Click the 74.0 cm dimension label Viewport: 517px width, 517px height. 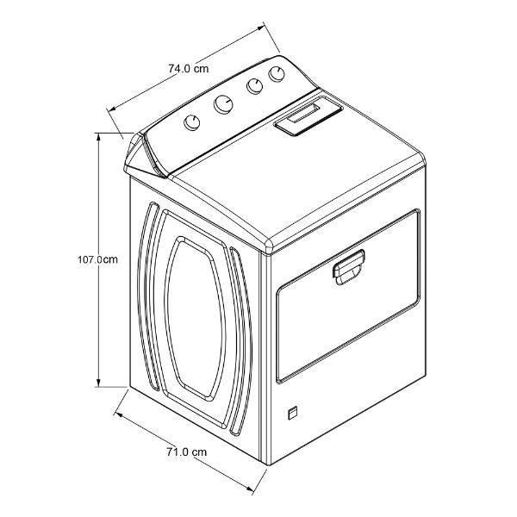coord(188,69)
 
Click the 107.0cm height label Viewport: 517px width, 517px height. coord(97,259)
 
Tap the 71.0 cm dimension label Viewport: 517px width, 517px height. coord(186,452)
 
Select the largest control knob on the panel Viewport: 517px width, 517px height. coord(223,104)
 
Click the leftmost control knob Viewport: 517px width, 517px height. coord(191,122)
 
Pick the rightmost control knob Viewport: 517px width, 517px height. coord(277,74)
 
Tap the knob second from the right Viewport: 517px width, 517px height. coord(254,86)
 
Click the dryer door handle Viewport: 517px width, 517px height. coord(348,267)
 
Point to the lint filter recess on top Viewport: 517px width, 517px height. coord(308,115)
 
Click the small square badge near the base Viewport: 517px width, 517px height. coord(292,414)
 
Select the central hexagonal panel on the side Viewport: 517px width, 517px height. coord(196,318)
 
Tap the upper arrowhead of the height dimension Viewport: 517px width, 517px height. coord(98,137)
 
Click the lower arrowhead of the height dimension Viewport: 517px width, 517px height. coord(98,382)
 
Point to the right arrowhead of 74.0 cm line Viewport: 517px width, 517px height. coord(260,28)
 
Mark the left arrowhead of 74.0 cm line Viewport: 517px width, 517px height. coord(113,108)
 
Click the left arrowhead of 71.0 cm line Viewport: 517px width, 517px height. coord(118,414)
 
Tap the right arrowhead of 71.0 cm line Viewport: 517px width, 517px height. coord(250,488)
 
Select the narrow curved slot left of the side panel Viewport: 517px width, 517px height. coord(147,296)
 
